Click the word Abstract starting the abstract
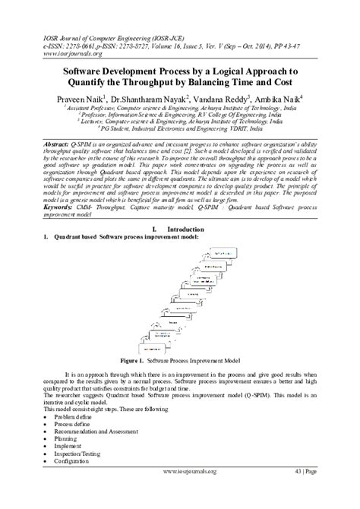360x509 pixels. tap(57, 142)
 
